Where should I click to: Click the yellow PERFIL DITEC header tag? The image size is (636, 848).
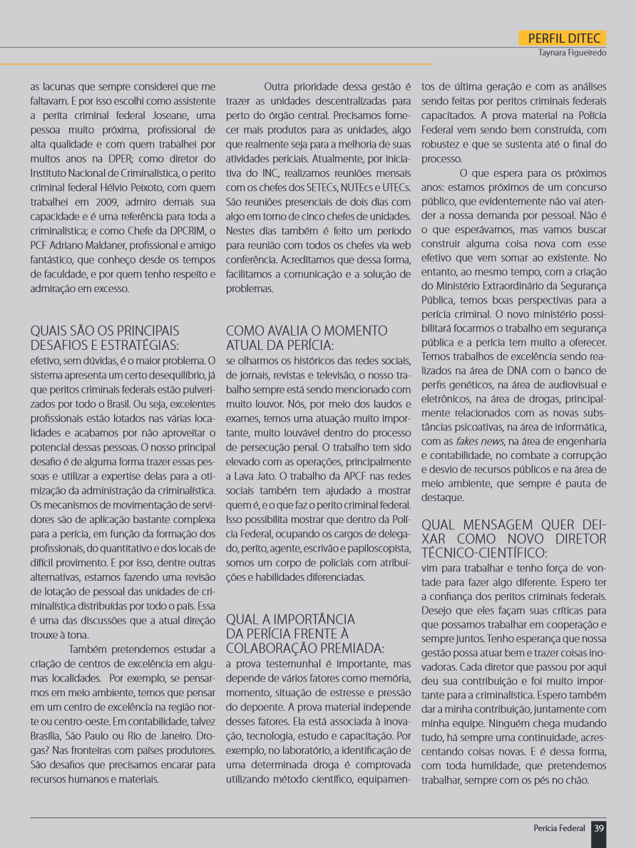point(564,38)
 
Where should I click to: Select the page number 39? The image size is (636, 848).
point(599,828)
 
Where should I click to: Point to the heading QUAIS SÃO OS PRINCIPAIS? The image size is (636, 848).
point(105,331)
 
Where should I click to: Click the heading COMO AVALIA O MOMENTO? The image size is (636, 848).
point(307,331)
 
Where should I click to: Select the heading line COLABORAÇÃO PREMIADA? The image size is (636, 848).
point(304,648)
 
